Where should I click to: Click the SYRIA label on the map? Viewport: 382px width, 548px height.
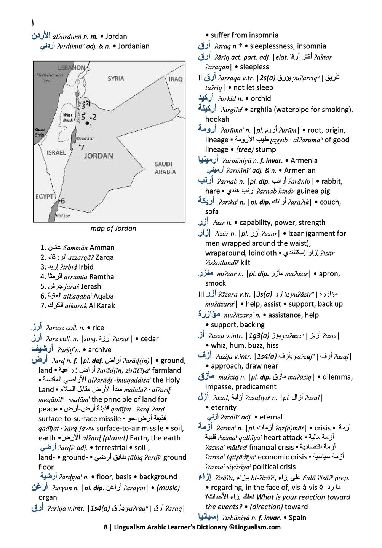click(x=116, y=78)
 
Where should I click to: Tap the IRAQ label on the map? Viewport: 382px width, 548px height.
click(x=176, y=79)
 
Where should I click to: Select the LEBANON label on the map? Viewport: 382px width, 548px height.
click(x=71, y=68)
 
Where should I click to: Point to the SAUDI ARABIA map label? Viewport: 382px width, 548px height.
click(x=165, y=168)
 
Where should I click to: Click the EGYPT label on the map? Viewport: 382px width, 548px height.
click(x=45, y=197)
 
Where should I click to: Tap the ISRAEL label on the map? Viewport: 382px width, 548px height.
click(x=56, y=152)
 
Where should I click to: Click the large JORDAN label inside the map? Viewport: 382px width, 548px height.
click(x=98, y=156)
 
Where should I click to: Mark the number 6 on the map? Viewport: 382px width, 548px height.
click(x=62, y=201)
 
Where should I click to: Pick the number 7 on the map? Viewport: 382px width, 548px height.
click(x=82, y=147)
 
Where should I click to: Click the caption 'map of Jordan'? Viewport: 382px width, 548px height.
click(x=113, y=229)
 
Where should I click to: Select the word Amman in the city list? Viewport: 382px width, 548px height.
click(x=102, y=248)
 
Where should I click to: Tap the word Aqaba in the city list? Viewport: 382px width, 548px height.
click(x=104, y=296)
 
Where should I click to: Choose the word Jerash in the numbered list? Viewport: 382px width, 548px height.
click(x=91, y=286)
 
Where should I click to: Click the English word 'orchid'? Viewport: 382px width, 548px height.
click(x=261, y=98)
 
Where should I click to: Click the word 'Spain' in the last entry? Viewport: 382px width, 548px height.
click(x=297, y=518)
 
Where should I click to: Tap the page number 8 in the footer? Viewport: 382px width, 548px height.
click(x=105, y=527)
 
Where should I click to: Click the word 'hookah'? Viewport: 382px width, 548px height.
click(x=217, y=119)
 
